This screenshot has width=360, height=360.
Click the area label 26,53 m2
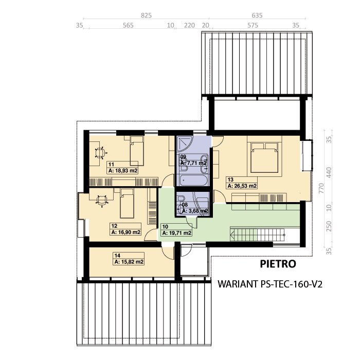tap(242, 186)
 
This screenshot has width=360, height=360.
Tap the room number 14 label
tap(117, 255)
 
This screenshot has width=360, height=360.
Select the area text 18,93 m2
tap(123, 171)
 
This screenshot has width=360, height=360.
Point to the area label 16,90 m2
tap(126, 232)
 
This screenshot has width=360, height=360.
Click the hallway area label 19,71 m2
tap(177, 233)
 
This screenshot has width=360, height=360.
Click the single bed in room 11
tap(137, 151)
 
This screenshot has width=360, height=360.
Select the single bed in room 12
tap(127, 204)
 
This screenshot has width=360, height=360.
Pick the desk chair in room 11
tap(101, 153)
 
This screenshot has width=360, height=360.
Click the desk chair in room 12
tap(102, 201)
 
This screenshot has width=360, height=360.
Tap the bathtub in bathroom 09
tap(194, 181)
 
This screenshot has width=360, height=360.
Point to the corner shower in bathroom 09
tap(185, 143)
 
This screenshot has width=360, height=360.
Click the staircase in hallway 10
tap(258, 235)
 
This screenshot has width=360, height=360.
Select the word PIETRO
tap(278, 264)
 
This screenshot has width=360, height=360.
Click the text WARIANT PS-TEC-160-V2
tap(270, 284)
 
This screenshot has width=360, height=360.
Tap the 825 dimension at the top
tap(146, 15)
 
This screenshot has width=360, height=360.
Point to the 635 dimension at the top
tap(257, 15)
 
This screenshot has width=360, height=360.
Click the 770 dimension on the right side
tap(321, 188)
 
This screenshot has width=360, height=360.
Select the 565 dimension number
tap(128, 25)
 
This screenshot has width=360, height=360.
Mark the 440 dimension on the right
tap(329, 172)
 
